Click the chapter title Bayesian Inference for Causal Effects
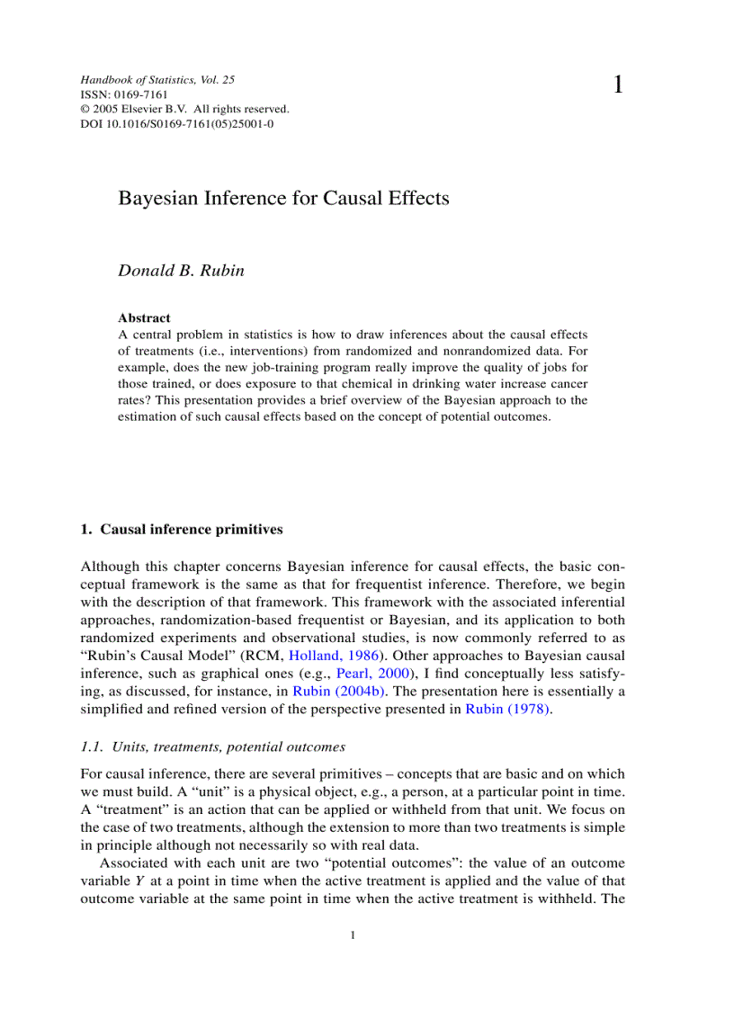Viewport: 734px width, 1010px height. click(x=283, y=199)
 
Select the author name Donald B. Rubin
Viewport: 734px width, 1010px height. click(x=181, y=271)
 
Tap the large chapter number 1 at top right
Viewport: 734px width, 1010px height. click(x=618, y=86)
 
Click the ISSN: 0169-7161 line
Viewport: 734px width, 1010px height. click(x=124, y=94)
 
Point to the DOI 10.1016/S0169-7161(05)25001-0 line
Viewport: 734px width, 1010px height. click(x=177, y=124)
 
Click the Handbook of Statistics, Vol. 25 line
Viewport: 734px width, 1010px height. click(x=157, y=80)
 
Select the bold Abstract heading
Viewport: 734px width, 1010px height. click(x=144, y=317)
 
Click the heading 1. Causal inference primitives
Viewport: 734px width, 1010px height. click(x=182, y=530)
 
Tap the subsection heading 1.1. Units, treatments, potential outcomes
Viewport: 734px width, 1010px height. click(x=212, y=746)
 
